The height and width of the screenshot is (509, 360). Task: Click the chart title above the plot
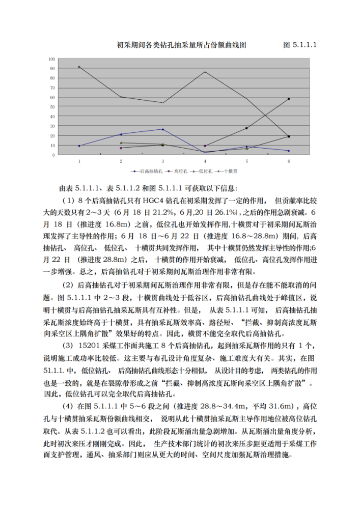(182, 45)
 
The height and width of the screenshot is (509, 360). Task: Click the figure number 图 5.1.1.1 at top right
(300, 45)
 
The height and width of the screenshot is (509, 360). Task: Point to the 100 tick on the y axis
(52, 59)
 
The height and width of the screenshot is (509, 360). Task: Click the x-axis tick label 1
(79, 161)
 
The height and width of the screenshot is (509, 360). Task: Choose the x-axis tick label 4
(205, 161)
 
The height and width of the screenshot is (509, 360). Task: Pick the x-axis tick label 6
(289, 161)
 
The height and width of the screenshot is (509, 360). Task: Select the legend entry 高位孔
(176, 172)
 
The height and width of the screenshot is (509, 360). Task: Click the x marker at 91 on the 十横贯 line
(79, 67)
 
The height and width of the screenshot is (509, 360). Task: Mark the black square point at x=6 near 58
(289, 99)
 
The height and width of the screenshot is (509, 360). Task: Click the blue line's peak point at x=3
(163, 129)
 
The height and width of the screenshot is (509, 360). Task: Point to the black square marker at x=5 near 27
(247, 128)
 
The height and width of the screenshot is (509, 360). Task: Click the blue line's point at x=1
(79, 146)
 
